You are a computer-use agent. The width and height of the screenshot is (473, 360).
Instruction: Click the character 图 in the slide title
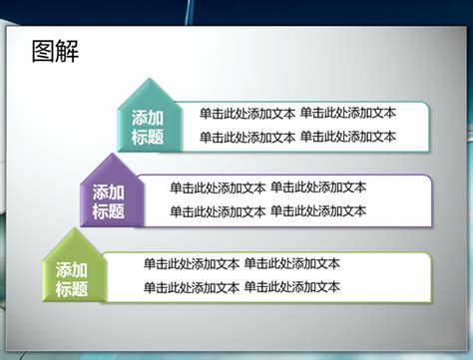(43, 51)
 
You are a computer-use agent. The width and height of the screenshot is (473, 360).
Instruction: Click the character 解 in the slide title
(67, 51)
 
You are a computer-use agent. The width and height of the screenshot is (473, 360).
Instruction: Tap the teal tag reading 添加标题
(148, 127)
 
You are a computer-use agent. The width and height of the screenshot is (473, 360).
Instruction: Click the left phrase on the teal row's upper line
(247, 114)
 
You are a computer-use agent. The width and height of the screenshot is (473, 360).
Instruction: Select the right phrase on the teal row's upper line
(348, 114)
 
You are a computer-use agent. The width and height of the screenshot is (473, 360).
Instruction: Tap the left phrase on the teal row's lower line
(247, 138)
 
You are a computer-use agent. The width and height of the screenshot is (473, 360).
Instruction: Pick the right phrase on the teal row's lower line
(348, 138)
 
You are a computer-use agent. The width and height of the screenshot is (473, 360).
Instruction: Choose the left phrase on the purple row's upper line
(218, 187)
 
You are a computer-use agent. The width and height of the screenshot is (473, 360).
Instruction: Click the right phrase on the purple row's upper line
(318, 187)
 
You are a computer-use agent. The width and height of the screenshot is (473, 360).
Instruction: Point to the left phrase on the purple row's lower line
(218, 211)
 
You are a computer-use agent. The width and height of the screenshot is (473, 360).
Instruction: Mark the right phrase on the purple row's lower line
(318, 211)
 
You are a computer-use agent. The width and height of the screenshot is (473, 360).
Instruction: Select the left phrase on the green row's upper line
(192, 264)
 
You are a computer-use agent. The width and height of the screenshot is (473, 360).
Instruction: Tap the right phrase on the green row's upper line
(292, 264)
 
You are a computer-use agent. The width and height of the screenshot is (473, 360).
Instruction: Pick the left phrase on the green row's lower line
(192, 288)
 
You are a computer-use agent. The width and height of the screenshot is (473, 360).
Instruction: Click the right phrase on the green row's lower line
(292, 288)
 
